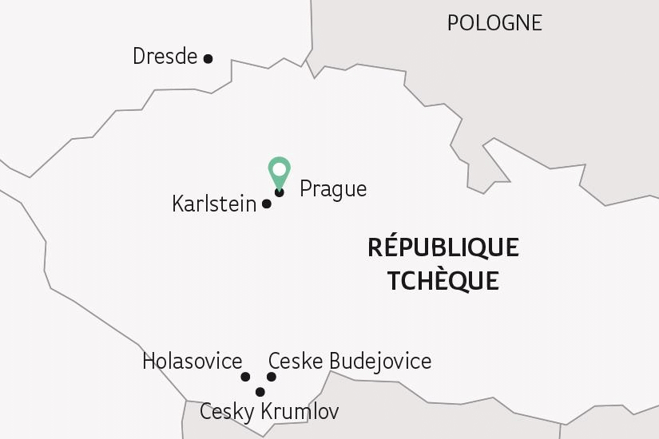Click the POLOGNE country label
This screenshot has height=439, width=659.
(x=494, y=23)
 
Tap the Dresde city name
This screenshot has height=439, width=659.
(x=165, y=57)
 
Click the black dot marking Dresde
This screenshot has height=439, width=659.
(x=208, y=58)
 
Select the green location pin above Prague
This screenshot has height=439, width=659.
(x=279, y=172)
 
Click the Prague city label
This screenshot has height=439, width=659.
(x=333, y=190)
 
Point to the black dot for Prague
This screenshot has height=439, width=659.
(x=279, y=192)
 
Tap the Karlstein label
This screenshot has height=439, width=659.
(x=214, y=204)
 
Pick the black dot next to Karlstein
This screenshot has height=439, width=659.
(x=267, y=204)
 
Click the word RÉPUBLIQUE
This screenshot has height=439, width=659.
(x=443, y=248)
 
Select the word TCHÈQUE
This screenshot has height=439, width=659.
(x=443, y=281)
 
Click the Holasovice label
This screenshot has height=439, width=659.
(x=192, y=362)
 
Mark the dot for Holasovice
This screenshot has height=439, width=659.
(x=245, y=377)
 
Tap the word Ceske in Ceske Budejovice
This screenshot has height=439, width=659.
(x=296, y=362)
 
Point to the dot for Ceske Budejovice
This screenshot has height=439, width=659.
(x=272, y=377)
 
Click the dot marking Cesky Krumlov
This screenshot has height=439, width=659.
(x=260, y=392)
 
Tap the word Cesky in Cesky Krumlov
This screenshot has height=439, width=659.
(x=227, y=413)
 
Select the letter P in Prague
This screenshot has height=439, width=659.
(x=305, y=189)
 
